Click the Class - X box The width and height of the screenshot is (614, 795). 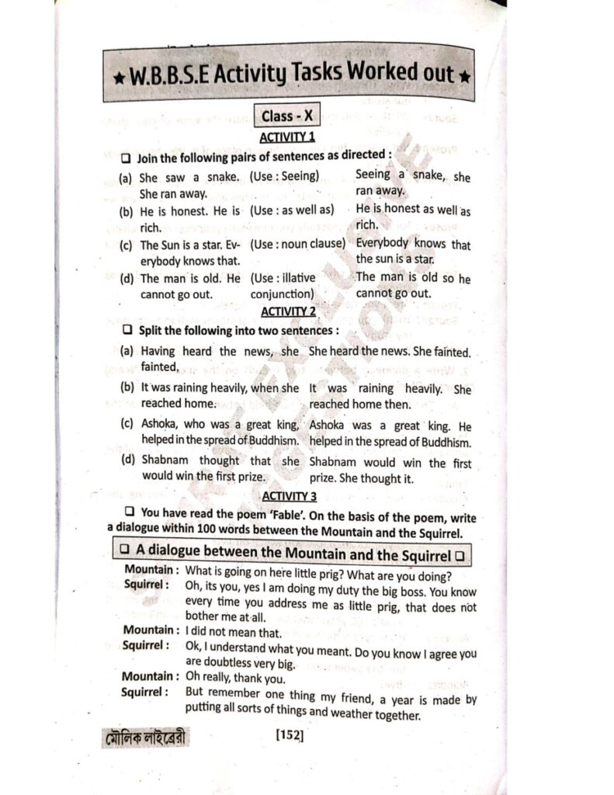[x=287, y=116]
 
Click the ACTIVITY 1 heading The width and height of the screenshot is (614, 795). [x=287, y=137]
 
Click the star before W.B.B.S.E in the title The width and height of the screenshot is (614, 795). [x=116, y=77]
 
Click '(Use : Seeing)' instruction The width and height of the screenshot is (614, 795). [x=285, y=176]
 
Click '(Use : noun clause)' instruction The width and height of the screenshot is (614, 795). [x=297, y=244]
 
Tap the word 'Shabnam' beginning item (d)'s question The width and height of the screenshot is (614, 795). [x=165, y=460]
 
